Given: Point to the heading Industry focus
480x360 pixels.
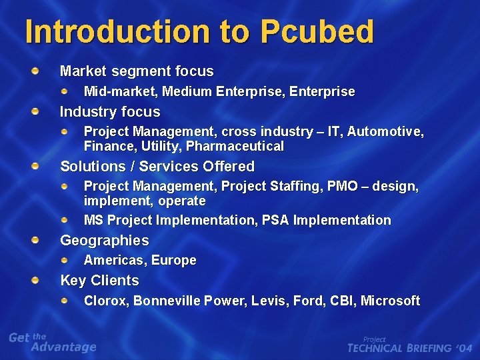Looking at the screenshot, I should (x=110, y=112).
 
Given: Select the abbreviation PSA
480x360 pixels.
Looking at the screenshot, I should (x=275, y=220).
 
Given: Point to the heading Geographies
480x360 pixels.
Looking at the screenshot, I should (x=104, y=240).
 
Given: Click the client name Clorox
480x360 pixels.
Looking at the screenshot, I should (x=105, y=301).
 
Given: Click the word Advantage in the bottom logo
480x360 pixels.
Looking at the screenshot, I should (x=64, y=347).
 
